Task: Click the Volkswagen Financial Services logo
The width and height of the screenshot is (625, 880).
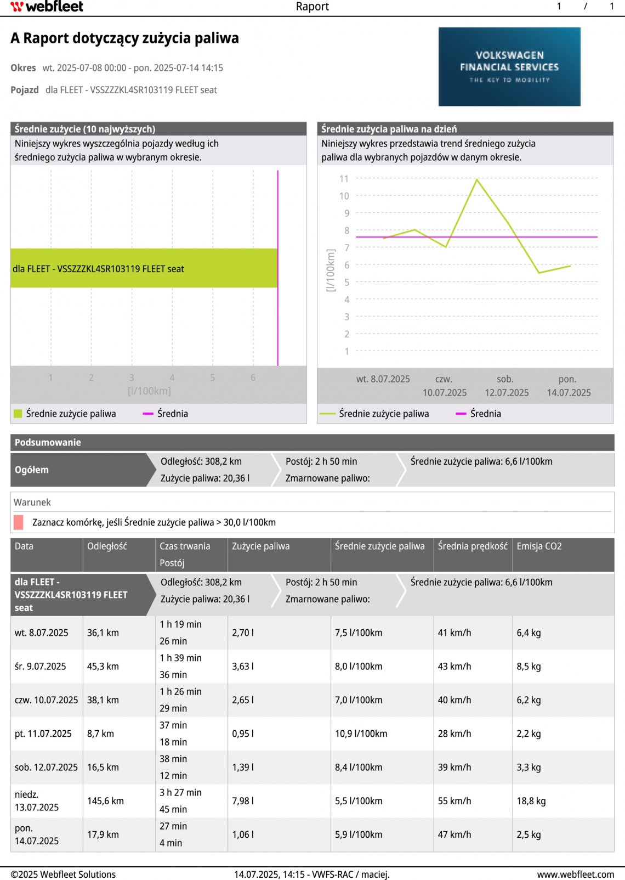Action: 509,66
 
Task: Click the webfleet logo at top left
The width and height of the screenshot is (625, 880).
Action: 47,7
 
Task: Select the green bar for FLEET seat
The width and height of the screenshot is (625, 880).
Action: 144,268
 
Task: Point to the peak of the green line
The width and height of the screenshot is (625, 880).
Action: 477,179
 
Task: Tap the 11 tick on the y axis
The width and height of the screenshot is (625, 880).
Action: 344,179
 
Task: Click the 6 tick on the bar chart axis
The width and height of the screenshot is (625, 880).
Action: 253,377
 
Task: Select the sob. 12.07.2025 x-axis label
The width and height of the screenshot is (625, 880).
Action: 506,386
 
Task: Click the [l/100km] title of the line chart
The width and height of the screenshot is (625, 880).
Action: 331,270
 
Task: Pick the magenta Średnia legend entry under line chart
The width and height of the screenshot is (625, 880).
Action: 479,414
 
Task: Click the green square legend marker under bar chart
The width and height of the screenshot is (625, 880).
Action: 18,414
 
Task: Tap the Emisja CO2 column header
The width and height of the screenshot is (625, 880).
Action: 539,546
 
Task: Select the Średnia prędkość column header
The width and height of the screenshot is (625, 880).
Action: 473,546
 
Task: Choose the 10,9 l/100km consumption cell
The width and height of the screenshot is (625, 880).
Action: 361,734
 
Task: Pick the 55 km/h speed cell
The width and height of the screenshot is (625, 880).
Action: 454,801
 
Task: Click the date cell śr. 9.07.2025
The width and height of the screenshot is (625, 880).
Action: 40,667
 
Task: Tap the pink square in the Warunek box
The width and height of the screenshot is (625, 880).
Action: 19,522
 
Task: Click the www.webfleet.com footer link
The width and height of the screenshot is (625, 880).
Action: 575,875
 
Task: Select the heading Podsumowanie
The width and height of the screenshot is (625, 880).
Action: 48,443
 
